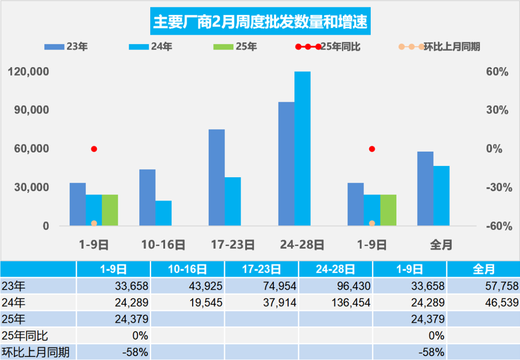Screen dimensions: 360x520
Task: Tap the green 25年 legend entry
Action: coord(235,47)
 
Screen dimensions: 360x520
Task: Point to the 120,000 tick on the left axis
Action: coord(28,72)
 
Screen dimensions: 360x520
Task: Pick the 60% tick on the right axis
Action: coord(498,72)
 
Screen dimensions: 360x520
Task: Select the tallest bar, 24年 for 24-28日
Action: coord(302,149)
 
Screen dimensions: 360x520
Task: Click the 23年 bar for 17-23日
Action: coord(217,177)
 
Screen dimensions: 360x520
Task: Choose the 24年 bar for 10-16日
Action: coord(163,213)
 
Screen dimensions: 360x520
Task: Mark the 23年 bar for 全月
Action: coord(425,188)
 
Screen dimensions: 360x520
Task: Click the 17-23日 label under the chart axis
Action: coord(233,245)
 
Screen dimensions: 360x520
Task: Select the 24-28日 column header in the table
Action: coord(336,269)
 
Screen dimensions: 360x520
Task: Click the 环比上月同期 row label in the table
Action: coord(36,351)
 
